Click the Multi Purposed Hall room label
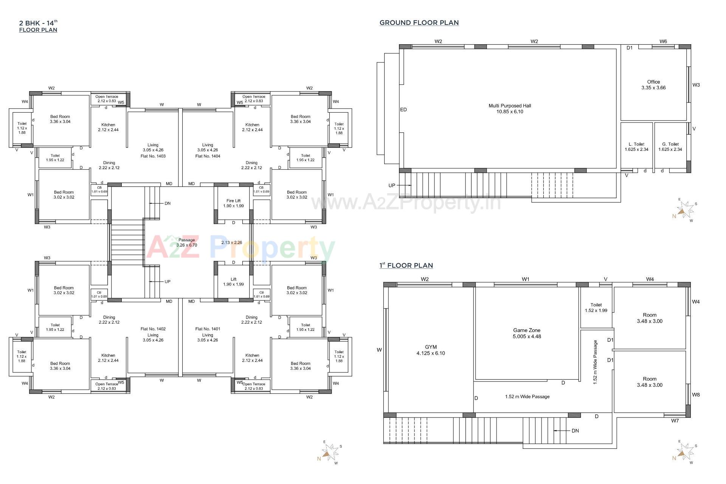point(510,109)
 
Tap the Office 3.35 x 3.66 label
point(653,85)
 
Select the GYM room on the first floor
point(431,350)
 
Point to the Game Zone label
point(527,333)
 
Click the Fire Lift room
point(233,203)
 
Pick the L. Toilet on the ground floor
point(636,147)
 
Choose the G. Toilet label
point(670,147)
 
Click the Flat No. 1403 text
point(153,156)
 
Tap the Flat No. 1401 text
point(208,329)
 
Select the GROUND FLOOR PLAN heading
point(419,23)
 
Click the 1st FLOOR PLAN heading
point(406,265)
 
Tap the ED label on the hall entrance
point(403,110)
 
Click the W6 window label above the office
point(663,42)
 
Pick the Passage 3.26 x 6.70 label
point(187,242)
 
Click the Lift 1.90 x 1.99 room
point(233,282)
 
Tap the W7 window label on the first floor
point(675,420)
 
